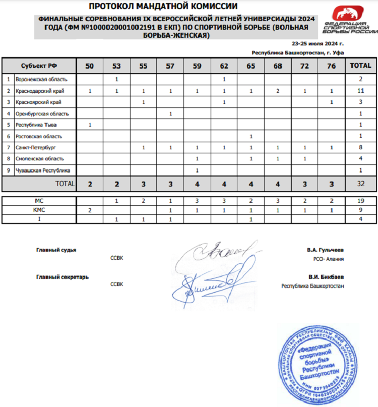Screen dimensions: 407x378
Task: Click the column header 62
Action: click(224, 66)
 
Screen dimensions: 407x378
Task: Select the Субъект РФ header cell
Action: click(39, 66)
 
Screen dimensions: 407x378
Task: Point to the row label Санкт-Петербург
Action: click(35, 148)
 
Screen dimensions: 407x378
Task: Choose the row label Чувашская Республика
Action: click(42, 170)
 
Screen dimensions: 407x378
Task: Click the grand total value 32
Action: click(360, 184)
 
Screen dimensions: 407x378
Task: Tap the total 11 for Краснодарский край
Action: click(360, 91)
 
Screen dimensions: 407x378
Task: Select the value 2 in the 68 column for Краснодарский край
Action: click(278, 91)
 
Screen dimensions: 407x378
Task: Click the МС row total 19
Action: click(360, 201)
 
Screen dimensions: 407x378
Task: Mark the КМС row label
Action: click(39, 210)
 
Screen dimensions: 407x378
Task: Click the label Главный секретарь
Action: click(62, 277)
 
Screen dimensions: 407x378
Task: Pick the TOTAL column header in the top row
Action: click(360, 66)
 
